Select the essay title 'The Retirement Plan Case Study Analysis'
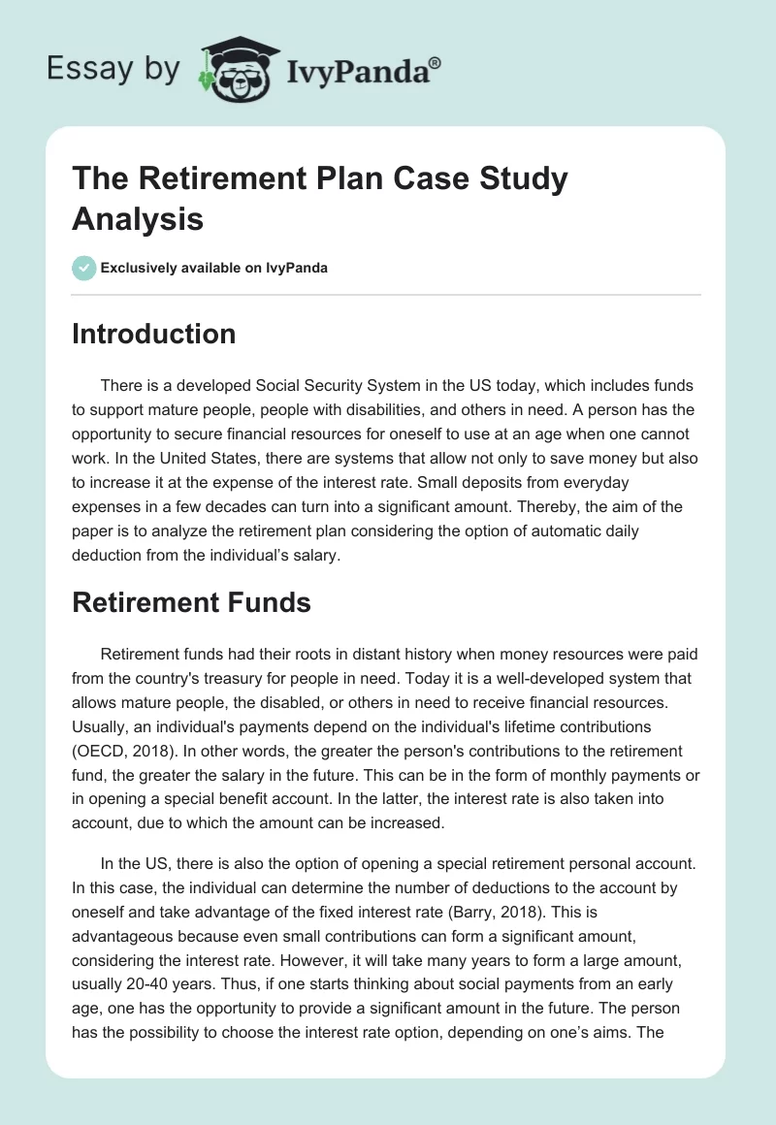click(320, 199)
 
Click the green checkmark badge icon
click(84, 268)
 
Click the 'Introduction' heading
click(154, 335)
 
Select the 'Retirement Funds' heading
click(191, 602)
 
